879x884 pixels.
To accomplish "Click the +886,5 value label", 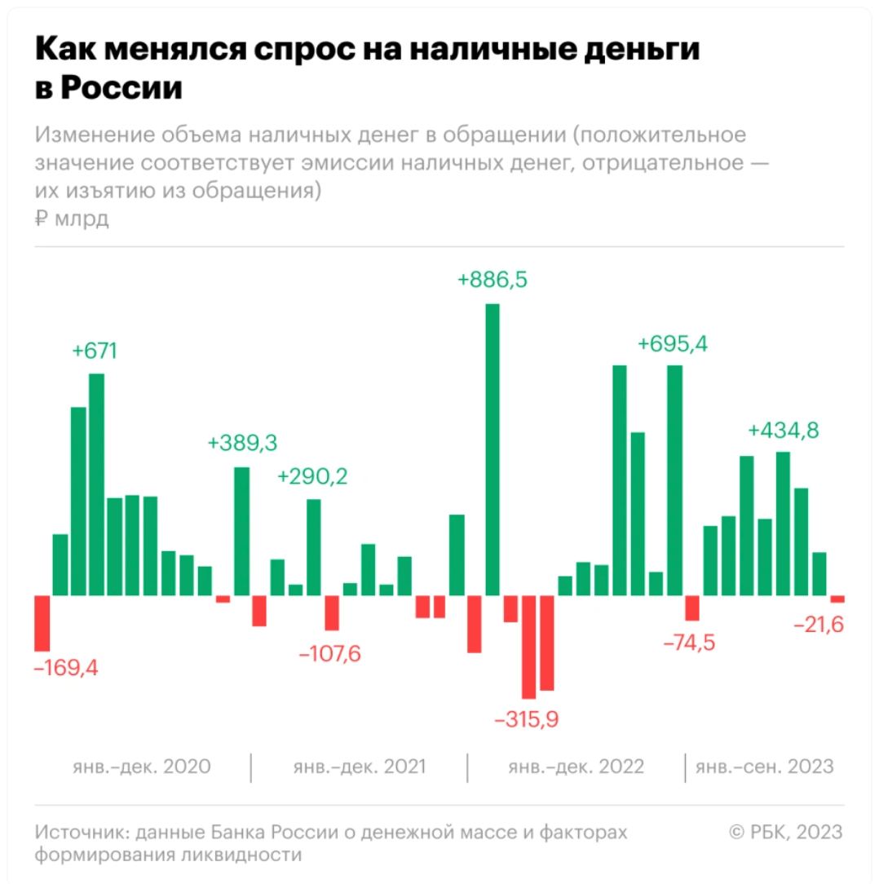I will click(x=493, y=281).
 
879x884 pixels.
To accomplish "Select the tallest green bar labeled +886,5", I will click(x=493, y=449).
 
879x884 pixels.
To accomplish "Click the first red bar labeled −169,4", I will click(x=42, y=623).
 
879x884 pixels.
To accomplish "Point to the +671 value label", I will click(x=95, y=351).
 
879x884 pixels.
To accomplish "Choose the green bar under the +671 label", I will click(x=97, y=484).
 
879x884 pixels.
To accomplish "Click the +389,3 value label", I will click(x=242, y=444).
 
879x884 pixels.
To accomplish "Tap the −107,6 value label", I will click(x=330, y=654).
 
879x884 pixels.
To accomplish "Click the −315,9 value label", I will click(x=528, y=720).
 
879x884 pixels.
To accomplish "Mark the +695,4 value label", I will click(x=673, y=344).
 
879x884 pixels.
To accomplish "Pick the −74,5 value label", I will click(x=689, y=643).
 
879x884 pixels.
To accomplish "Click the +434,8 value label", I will click(x=784, y=430).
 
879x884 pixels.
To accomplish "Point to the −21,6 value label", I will click(x=818, y=625).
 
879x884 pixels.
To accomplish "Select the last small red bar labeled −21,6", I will click(x=837, y=599).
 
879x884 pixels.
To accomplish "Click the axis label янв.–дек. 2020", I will click(x=141, y=767).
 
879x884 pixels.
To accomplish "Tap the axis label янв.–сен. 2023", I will click(x=764, y=767).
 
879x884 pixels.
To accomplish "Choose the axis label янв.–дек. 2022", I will click(x=576, y=767).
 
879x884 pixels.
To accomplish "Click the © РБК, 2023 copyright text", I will click(x=785, y=832).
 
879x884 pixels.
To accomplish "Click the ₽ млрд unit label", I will click(x=72, y=219).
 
